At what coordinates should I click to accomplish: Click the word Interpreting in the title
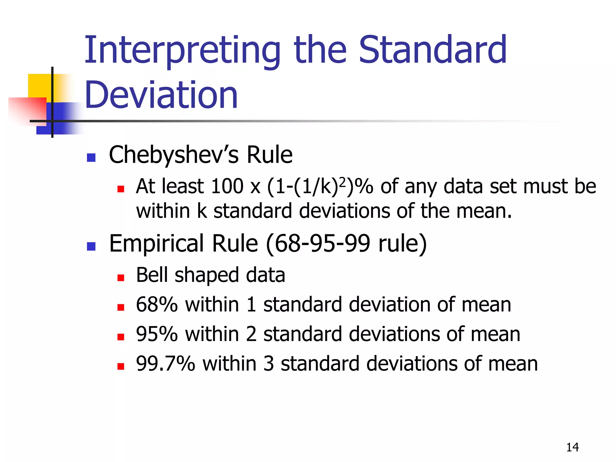182,51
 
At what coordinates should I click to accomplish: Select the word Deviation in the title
161,95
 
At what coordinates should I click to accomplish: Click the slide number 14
572,447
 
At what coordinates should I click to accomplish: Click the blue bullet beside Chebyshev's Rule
91,158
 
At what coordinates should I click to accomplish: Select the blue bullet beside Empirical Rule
91,246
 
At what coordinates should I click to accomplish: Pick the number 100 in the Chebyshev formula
227,186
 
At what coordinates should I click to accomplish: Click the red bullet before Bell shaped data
121,278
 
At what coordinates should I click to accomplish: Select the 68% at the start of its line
157,304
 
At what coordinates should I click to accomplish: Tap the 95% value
157,334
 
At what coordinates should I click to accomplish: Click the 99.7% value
165,363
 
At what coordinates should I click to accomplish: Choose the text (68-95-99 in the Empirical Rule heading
318,243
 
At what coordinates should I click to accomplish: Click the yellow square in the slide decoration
39,85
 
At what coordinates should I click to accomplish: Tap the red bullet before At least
121,189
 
